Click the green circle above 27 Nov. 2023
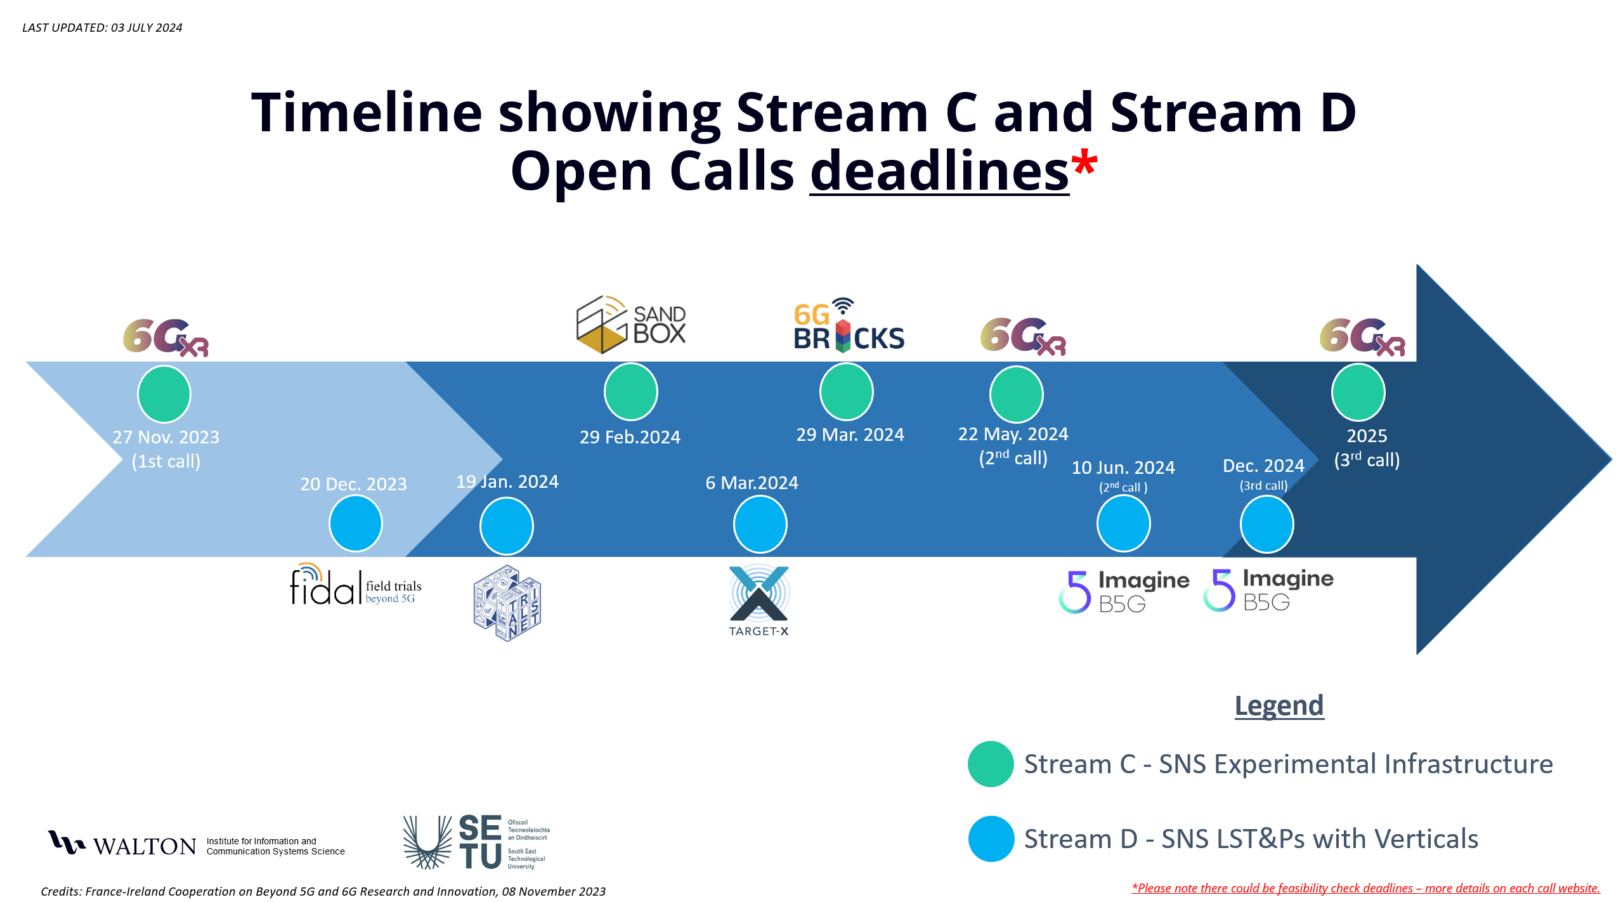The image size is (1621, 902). tap(164, 394)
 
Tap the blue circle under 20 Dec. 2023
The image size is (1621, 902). tap(355, 523)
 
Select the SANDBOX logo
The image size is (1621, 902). tap(630, 324)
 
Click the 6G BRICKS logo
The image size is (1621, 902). tap(848, 325)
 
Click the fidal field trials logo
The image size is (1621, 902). tap(355, 584)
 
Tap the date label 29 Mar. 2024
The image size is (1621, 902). tap(850, 435)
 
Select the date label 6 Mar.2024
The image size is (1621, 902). tap(752, 483)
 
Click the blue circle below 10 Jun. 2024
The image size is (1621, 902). tap(1123, 524)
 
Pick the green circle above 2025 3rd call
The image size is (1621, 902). tap(1358, 393)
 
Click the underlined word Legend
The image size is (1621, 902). tap(1279, 705)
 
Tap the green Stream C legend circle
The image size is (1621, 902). tap(991, 764)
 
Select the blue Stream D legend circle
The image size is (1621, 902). tap(991, 839)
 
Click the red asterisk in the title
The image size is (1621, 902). tap(1084, 162)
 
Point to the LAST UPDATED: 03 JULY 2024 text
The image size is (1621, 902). tap(102, 28)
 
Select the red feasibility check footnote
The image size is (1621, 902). tap(1365, 888)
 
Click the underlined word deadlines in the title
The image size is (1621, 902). tap(939, 171)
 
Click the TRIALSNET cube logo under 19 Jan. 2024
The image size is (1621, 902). tap(507, 603)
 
